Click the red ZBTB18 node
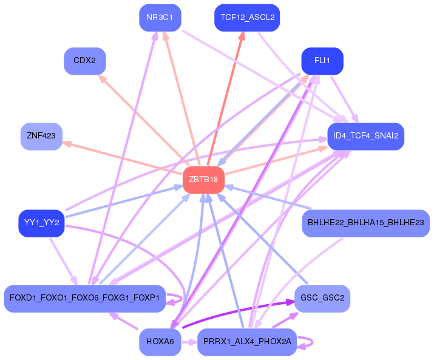[204, 180]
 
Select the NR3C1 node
[160, 18]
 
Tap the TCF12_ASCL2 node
[247, 18]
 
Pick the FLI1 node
[322, 61]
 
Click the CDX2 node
[85, 61]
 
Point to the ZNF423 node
[41, 136]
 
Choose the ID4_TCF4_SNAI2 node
[365, 136]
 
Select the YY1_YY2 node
[41, 223]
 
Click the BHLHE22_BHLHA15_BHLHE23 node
[365, 223]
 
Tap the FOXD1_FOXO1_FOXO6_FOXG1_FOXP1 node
[85, 298]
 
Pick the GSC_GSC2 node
[322, 298]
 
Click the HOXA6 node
[160, 342]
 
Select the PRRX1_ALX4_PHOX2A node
[247, 342]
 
